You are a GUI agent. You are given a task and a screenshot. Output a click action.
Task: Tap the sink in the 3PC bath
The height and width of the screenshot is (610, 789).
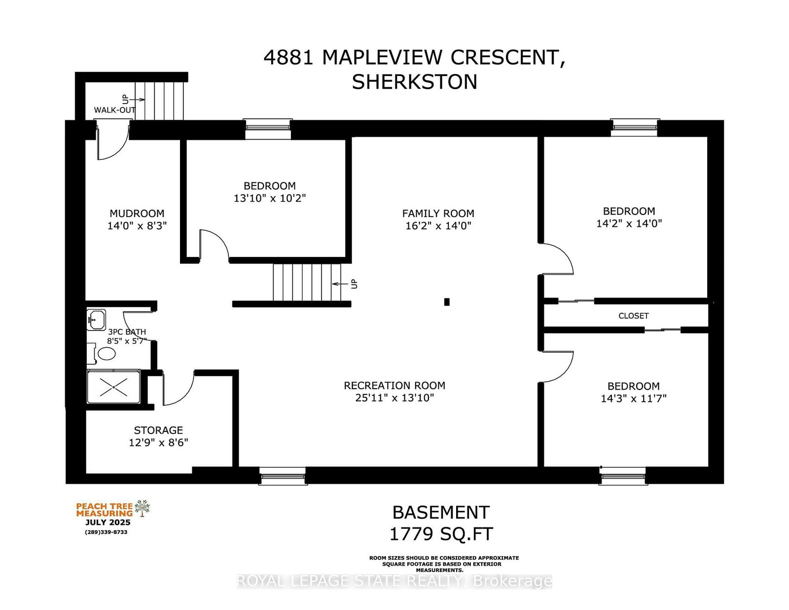(x=96, y=320)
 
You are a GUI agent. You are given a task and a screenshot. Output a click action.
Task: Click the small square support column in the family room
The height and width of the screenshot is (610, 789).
(x=447, y=302)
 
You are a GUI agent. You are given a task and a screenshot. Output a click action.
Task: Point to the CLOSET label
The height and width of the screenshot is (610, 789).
(x=633, y=316)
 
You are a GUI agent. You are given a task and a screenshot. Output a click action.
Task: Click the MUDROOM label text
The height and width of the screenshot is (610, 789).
(x=137, y=213)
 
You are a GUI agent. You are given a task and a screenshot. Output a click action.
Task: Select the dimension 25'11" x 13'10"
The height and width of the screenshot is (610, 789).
(x=394, y=397)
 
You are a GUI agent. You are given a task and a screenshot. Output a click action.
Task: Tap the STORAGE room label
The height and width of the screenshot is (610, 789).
(x=158, y=431)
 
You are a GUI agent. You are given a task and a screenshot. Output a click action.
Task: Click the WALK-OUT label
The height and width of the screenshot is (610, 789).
(x=115, y=110)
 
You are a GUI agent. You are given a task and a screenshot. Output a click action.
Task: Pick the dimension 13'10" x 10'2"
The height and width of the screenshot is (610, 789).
(x=270, y=198)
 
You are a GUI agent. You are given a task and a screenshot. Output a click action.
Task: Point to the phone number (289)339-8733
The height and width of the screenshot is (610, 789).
(x=106, y=532)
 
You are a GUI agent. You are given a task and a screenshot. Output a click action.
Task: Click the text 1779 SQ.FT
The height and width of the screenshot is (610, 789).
(x=441, y=534)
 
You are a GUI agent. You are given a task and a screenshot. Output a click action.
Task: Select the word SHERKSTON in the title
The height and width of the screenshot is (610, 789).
(x=414, y=82)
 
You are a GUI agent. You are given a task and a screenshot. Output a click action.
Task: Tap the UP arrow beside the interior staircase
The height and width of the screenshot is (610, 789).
(x=340, y=284)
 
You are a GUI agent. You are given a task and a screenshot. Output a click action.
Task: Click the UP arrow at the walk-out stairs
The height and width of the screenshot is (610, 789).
(x=137, y=100)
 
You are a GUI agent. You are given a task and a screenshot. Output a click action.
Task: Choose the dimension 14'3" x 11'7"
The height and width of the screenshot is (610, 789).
(x=633, y=398)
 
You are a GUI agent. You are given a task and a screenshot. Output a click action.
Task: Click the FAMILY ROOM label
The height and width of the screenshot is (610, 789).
(x=438, y=213)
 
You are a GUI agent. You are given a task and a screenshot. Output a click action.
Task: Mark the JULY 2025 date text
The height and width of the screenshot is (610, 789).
(x=108, y=523)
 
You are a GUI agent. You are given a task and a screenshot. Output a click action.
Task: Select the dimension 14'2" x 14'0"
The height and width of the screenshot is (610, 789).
(x=629, y=223)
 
